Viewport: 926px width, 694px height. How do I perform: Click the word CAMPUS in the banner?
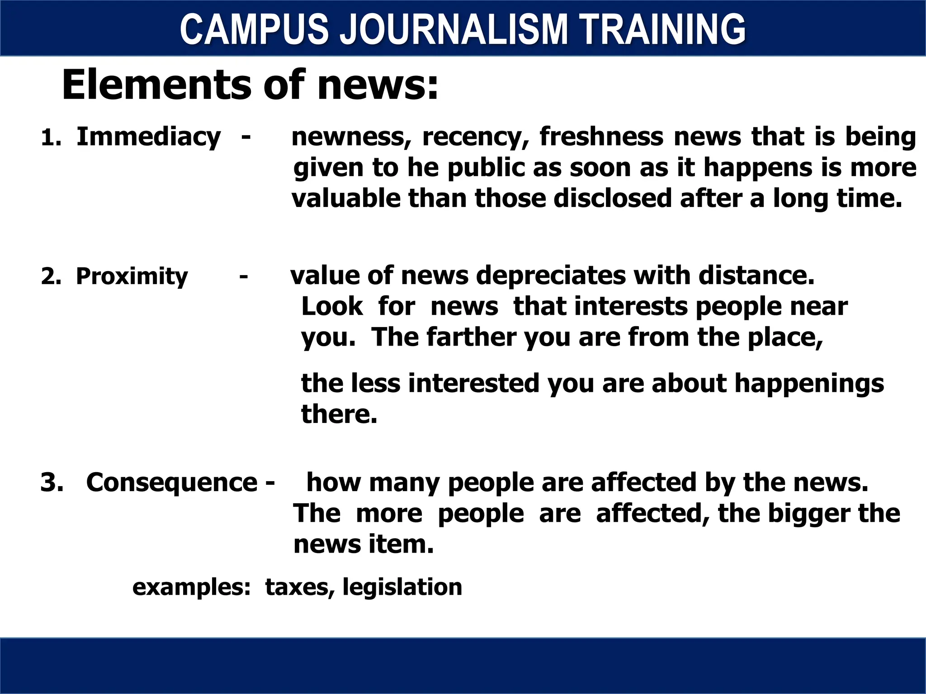pyautogui.click(x=254, y=29)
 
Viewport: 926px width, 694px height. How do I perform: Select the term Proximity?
pyautogui.click(x=132, y=276)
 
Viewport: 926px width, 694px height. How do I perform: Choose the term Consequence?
pyautogui.click(x=171, y=482)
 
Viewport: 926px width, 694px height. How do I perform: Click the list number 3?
pyautogui.click(x=51, y=482)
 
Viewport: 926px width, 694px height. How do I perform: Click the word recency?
pyautogui.click(x=475, y=137)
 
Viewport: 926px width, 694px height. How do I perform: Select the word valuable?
pyautogui.click(x=346, y=198)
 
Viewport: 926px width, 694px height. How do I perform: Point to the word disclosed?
pyautogui.click(x=613, y=198)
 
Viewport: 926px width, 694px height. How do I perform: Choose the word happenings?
pyautogui.click(x=809, y=384)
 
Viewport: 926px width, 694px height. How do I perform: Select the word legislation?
pyautogui.click(x=402, y=587)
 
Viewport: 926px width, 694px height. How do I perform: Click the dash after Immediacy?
pyautogui.click(x=246, y=137)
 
